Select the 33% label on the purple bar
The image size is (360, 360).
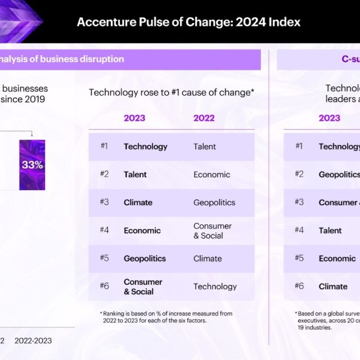tap(32, 165)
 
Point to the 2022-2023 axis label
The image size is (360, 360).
tap(33, 340)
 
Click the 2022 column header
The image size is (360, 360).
tap(204, 118)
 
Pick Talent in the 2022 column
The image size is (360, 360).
tap(205, 146)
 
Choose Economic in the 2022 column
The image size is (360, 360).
tap(211, 174)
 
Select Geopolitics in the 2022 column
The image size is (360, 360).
tap(214, 202)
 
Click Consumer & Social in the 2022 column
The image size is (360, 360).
tap(212, 231)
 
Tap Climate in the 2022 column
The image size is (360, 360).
tap(208, 258)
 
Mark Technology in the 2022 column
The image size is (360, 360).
tap(215, 286)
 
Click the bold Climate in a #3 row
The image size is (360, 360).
tap(138, 202)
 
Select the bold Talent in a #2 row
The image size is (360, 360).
tap(135, 174)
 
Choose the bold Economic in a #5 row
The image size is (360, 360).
tap(337, 258)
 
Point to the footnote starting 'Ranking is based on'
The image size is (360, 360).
tap(167, 317)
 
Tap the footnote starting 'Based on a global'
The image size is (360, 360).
tap(327, 320)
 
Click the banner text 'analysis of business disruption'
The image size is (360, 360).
tap(62, 59)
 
